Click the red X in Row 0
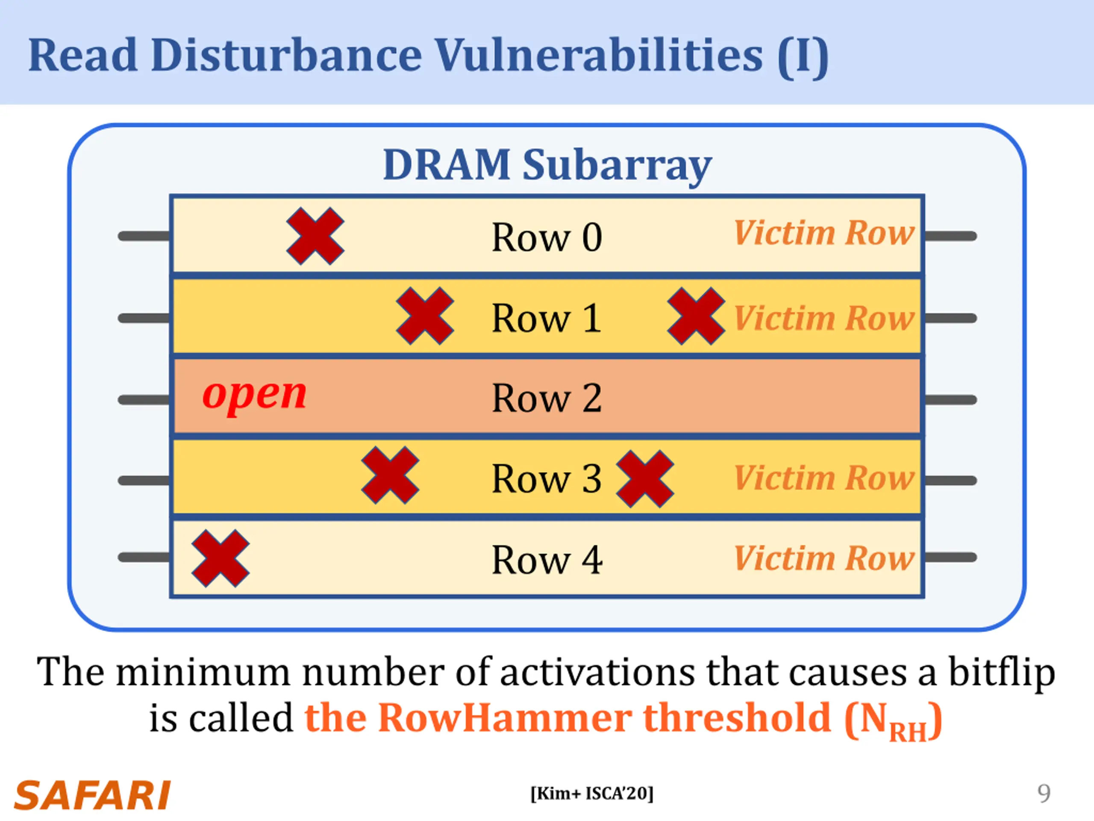tap(315, 236)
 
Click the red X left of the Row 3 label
tap(390, 475)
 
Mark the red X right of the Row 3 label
tap(644, 479)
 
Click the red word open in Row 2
tap(255, 396)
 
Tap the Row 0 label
tap(547, 238)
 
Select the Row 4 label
tap(547, 560)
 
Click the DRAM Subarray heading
tap(547, 165)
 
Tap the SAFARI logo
tap(92, 795)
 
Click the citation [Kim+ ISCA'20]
tap(591, 793)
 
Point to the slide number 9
tap(1044, 794)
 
